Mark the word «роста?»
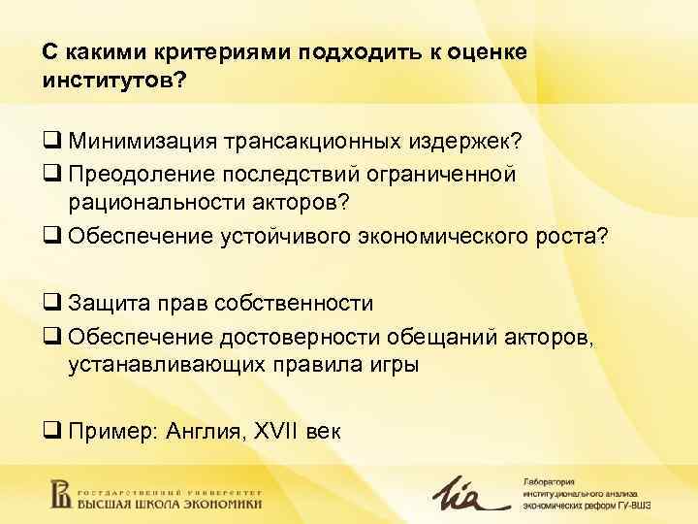(x=570, y=236)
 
